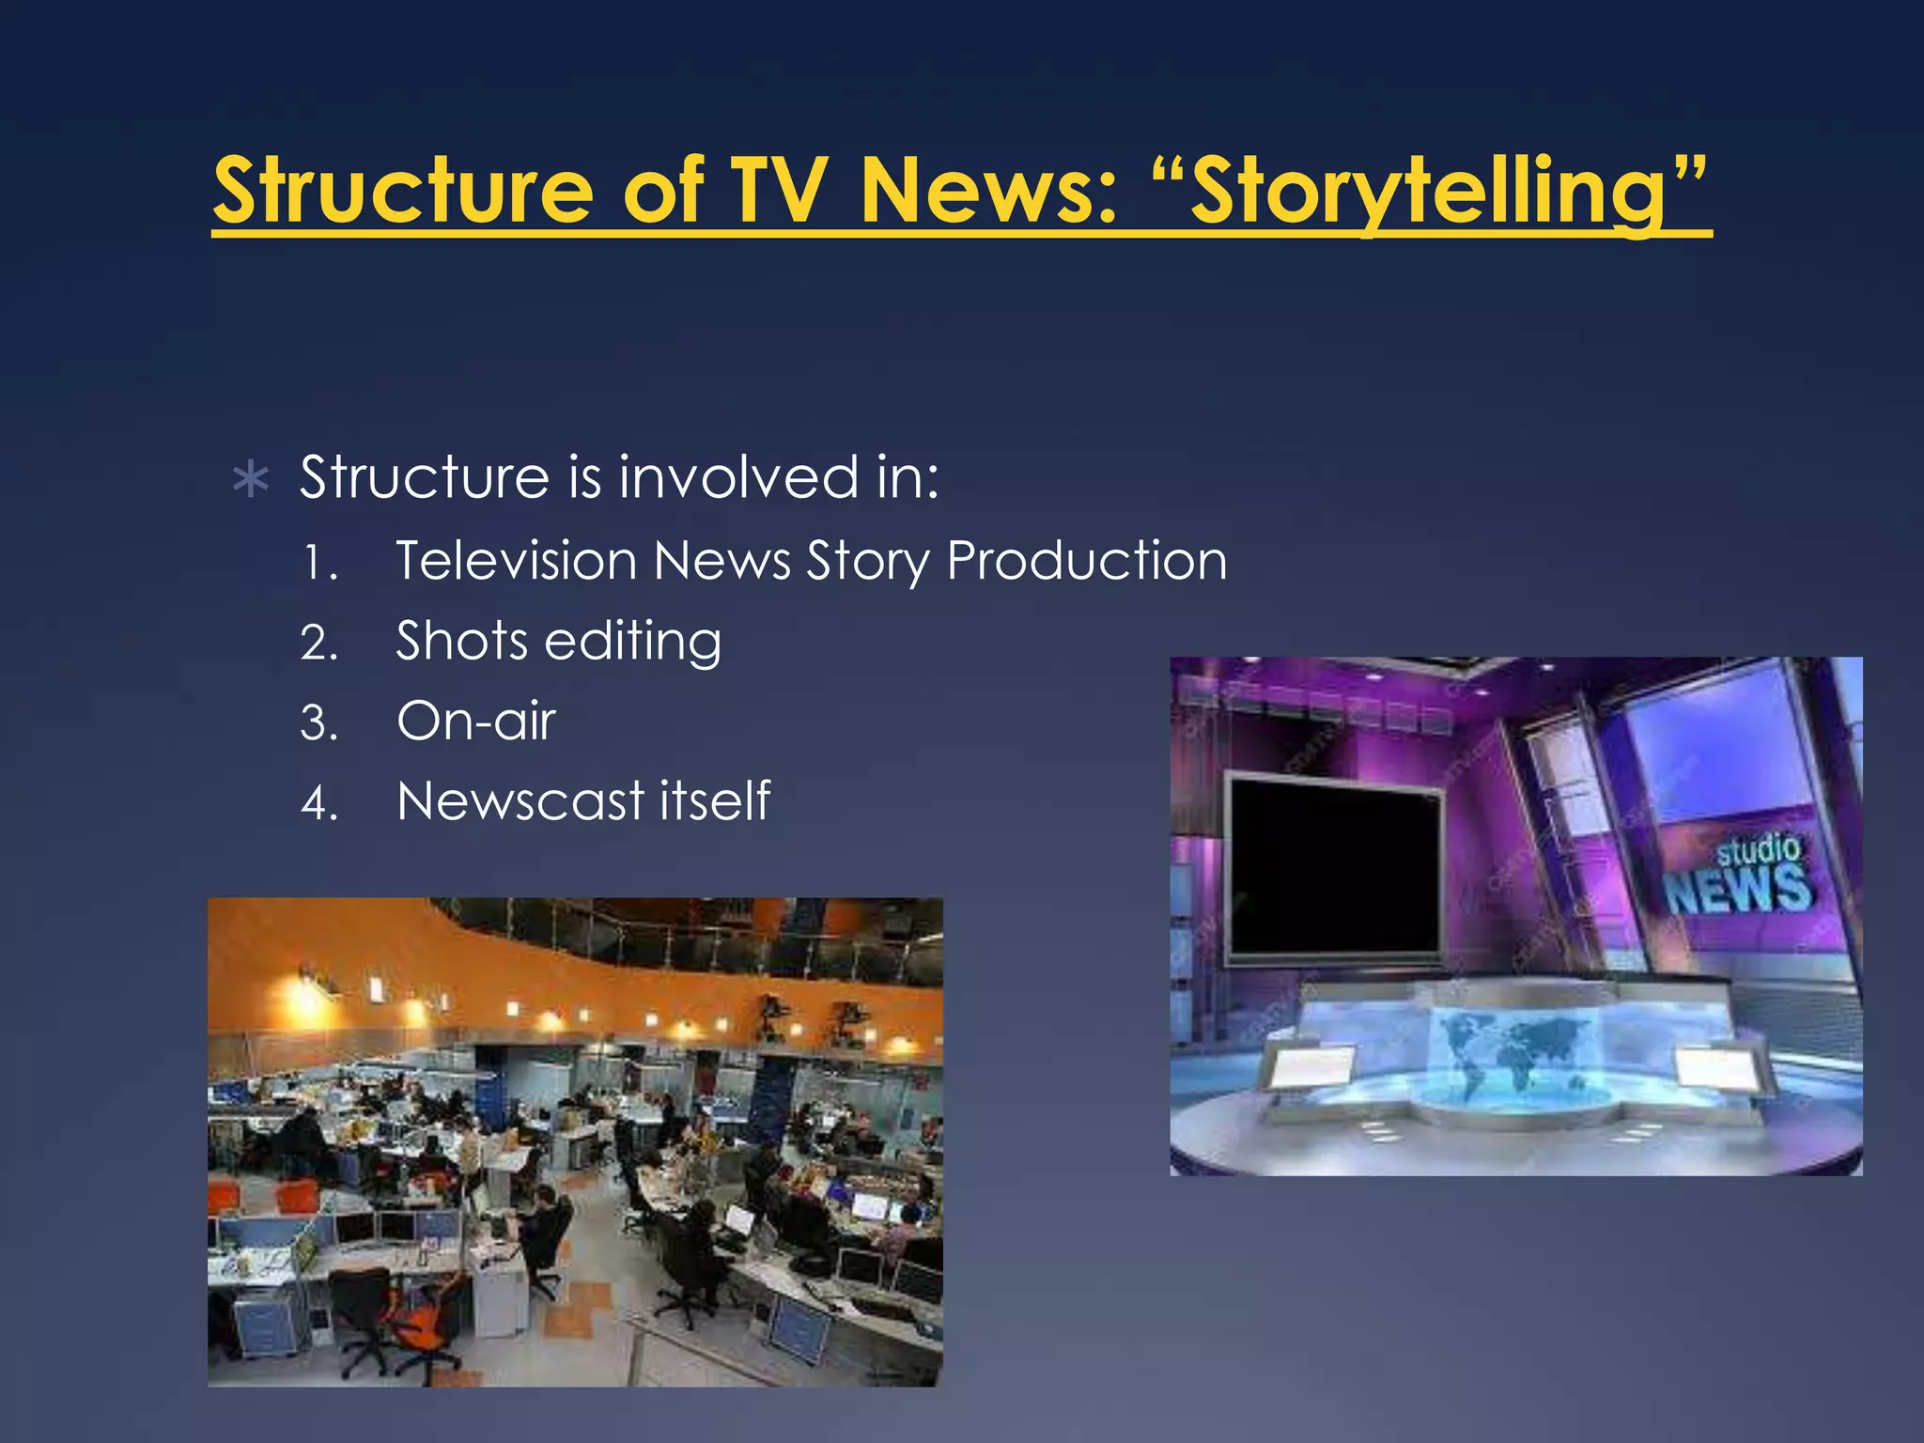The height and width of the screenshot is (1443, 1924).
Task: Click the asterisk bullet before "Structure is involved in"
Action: (x=251, y=480)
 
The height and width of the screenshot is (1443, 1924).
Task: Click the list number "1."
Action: (x=319, y=564)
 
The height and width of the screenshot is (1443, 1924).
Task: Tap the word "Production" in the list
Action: (x=1087, y=561)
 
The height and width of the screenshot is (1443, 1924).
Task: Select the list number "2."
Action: (x=319, y=644)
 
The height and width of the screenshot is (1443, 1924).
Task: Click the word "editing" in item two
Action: (x=633, y=643)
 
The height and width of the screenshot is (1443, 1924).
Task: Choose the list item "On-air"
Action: (x=476, y=721)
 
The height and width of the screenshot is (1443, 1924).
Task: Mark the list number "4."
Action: (x=319, y=804)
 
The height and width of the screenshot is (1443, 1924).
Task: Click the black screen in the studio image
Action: (x=1335, y=865)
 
